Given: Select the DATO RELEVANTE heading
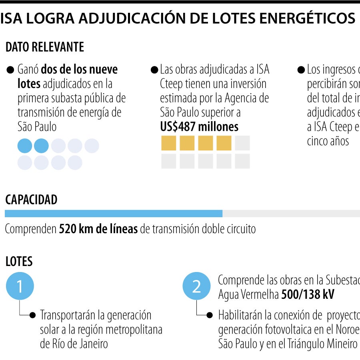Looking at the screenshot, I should pyautogui.click(x=45, y=47).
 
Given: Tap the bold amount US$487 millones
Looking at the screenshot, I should pyautogui.click(x=199, y=127).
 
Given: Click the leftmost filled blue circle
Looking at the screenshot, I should pyautogui.click(x=25, y=146).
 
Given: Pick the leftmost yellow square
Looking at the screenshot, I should pyautogui.click(x=169, y=143).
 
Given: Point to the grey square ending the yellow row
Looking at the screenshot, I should pyautogui.click(x=242, y=143).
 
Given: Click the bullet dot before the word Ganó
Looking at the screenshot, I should pyautogui.click(x=11, y=70).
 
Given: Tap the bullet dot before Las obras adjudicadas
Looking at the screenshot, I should pyautogui.click(x=154, y=70).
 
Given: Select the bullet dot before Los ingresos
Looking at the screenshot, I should pyautogui.click(x=301, y=70).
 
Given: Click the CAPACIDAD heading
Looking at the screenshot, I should pyautogui.click(x=31, y=200).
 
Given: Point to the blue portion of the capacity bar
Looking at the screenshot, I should pyautogui.click(x=113, y=214).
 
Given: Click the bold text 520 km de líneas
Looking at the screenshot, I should pyautogui.click(x=98, y=229).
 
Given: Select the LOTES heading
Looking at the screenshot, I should pyautogui.click(x=19, y=262).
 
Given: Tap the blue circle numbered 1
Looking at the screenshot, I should pyautogui.click(x=20, y=286).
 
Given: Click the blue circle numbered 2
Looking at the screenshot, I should pyautogui.click(x=196, y=286).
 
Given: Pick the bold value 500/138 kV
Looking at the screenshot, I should pyautogui.click(x=308, y=295).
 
